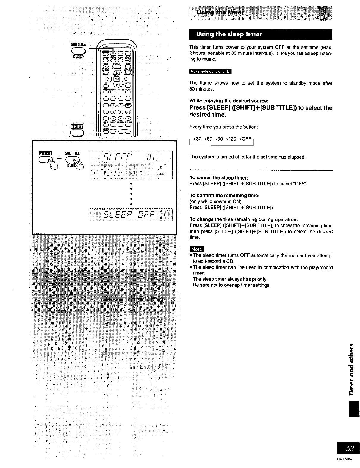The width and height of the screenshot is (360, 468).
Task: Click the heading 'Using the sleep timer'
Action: [x=229, y=34]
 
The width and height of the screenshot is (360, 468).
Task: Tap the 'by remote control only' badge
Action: [x=210, y=71]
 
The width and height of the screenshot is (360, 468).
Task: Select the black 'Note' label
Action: [x=196, y=249]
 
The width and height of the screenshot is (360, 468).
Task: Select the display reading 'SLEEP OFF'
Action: [x=131, y=214]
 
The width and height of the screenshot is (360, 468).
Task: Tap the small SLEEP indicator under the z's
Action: [x=161, y=174]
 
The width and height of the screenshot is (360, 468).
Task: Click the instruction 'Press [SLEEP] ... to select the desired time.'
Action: [x=261, y=111]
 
